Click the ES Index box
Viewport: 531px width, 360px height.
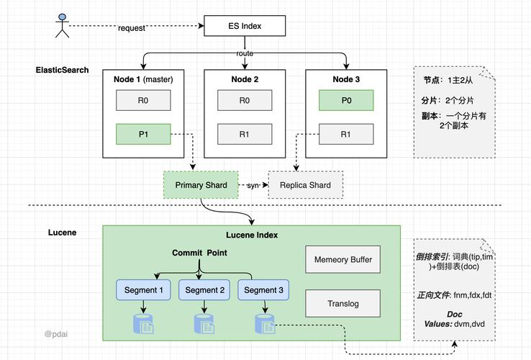245,26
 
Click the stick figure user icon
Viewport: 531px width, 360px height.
63,25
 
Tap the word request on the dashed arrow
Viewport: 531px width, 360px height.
131,28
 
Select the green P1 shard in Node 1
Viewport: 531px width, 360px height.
143,134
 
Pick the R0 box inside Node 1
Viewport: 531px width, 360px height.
143,100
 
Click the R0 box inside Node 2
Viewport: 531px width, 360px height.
245,100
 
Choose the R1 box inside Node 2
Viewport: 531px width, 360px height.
245,134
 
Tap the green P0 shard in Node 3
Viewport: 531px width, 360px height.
346,100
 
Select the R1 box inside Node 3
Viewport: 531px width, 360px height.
346,134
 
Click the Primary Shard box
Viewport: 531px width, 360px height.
201,185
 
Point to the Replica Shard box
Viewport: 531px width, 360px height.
305,185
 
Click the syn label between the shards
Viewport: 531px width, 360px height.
253,186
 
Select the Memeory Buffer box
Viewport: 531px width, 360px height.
342,259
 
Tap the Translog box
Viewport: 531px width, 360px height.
342,303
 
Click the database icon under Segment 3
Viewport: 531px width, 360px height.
265,324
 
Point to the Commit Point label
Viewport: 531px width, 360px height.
199,253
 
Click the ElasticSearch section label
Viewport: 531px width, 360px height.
63,70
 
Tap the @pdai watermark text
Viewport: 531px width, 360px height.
56,334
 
